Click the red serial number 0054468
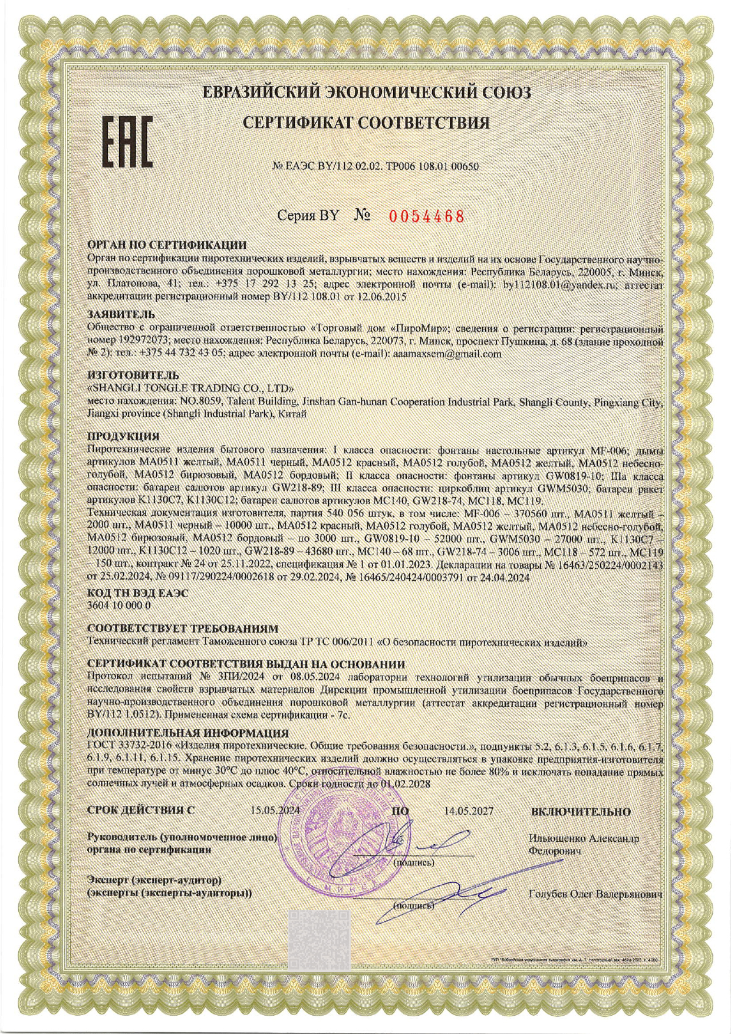point(426,216)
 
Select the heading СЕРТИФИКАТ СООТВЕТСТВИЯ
point(366,123)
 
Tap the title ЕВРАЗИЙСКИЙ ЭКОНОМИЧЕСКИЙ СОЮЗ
point(366,93)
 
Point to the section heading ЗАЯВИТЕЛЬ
point(121,314)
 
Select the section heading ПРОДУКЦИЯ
point(123,437)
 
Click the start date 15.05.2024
point(275,811)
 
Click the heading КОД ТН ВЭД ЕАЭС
point(137,594)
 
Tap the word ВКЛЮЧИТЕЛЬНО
point(581,812)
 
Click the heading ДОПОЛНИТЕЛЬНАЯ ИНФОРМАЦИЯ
point(187,733)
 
